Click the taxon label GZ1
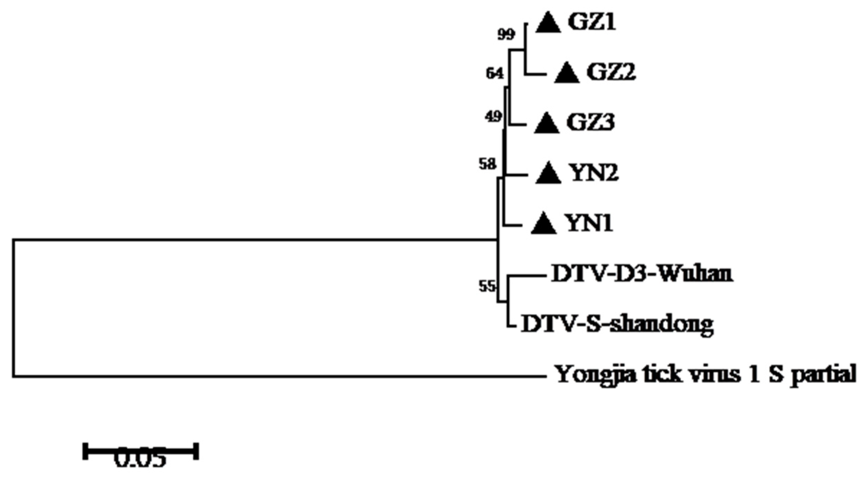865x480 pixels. pos(591,23)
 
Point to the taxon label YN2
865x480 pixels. pos(594,173)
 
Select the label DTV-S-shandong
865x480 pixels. pos(617,325)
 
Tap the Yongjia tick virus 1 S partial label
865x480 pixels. pos(706,375)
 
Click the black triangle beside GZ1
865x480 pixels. pos(548,23)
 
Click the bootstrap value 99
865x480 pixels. pos(506,35)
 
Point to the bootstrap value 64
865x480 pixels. pos(494,74)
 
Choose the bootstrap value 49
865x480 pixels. pos(493,117)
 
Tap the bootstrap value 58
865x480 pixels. pos(487,164)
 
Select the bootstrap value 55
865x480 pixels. pos(487,286)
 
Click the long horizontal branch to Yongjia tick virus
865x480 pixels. pos(277,376)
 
